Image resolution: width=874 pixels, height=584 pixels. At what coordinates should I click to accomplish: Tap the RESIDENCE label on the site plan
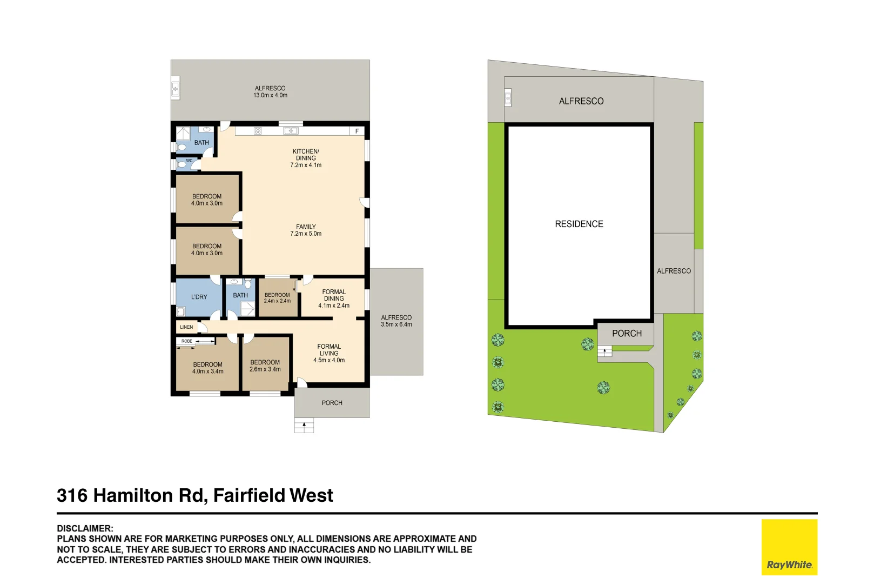point(579,224)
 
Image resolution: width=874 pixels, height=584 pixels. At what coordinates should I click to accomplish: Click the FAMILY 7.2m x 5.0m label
point(306,230)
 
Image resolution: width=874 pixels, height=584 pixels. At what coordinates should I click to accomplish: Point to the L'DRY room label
point(199,297)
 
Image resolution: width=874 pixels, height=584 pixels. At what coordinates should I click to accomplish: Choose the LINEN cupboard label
point(186,327)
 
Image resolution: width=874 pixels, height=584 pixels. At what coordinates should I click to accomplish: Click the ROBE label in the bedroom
point(187,341)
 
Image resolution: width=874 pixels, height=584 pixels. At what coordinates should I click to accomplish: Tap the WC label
point(189,161)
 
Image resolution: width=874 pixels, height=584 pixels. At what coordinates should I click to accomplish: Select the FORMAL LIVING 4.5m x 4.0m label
point(329,353)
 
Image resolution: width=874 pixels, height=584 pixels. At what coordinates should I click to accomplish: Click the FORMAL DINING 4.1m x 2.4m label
point(334,298)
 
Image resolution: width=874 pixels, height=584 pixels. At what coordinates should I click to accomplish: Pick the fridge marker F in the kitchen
point(357,131)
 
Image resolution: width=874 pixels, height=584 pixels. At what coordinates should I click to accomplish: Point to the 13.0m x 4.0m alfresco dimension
point(270,96)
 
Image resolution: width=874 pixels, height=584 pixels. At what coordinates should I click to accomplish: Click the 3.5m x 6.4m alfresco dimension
point(396,324)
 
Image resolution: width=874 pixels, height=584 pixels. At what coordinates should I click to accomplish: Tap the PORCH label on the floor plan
point(332,403)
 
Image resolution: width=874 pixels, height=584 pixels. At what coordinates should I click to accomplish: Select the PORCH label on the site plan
point(627,334)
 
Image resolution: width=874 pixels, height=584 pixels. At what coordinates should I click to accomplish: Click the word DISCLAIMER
point(85,528)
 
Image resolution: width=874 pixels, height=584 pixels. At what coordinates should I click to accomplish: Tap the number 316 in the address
point(72,495)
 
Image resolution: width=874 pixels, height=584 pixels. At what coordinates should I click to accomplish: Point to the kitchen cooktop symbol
point(258,131)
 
